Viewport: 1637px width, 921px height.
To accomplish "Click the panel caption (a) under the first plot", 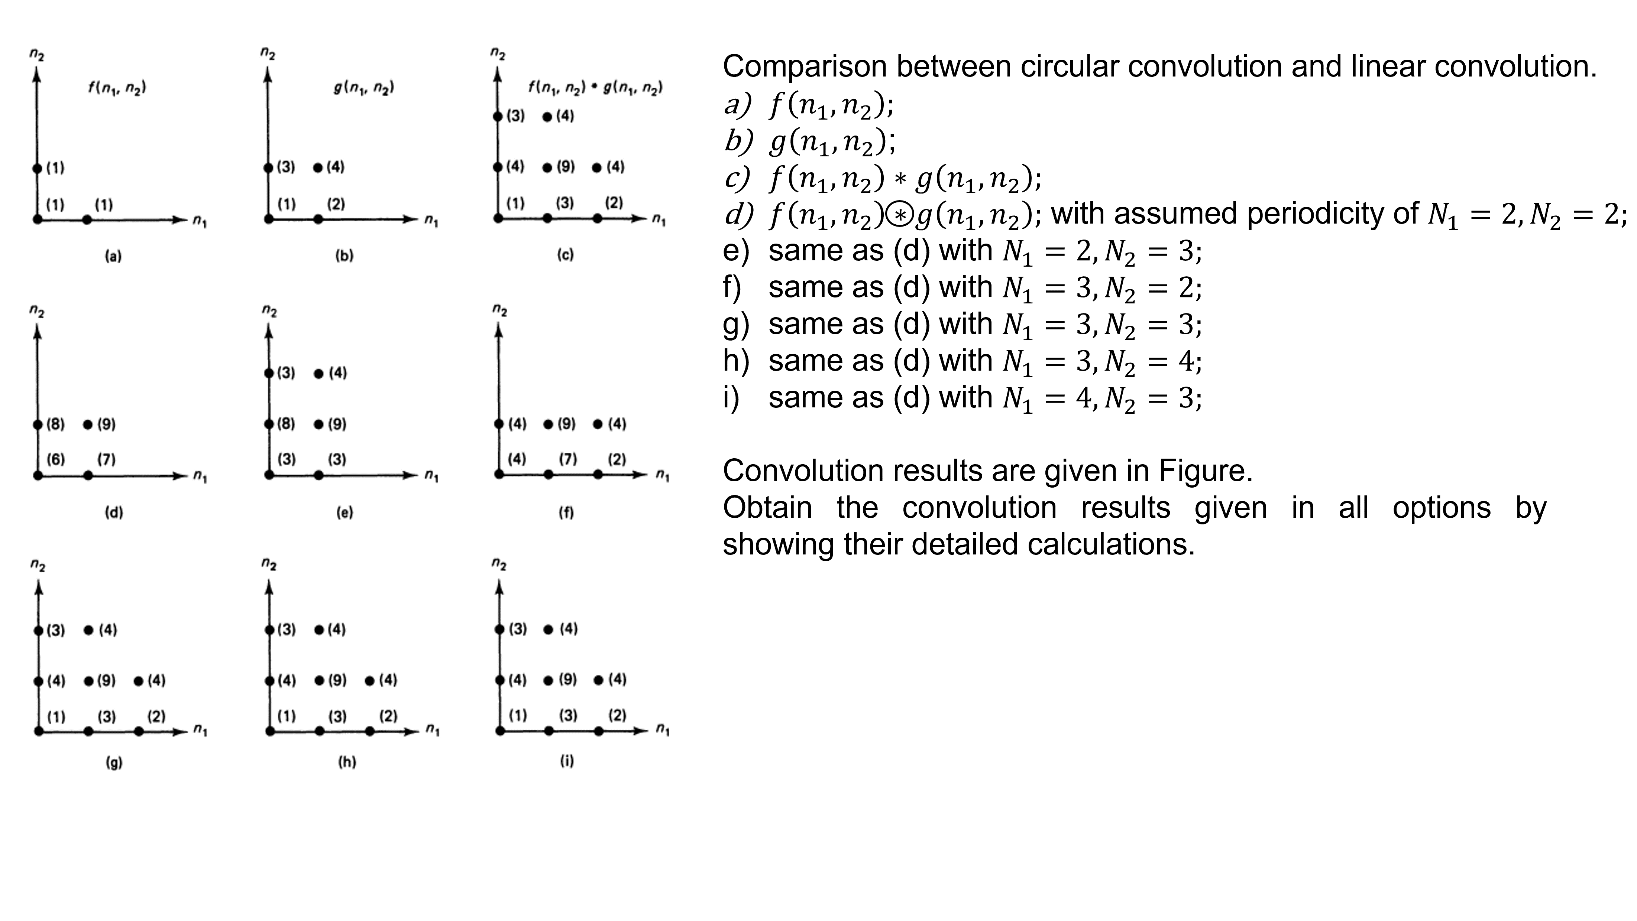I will click(113, 257).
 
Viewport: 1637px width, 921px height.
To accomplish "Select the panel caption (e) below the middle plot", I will click(344, 512).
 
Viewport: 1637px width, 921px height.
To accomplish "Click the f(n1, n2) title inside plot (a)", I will click(117, 88).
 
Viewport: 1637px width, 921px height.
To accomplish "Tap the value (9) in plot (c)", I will click(566, 167).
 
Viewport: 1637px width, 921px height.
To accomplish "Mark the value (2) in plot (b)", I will click(336, 204).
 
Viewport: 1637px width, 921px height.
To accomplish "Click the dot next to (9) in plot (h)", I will click(320, 681).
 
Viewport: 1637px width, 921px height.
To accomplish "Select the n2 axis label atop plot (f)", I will click(499, 310).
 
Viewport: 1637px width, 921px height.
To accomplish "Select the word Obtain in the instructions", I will click(767, 508).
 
